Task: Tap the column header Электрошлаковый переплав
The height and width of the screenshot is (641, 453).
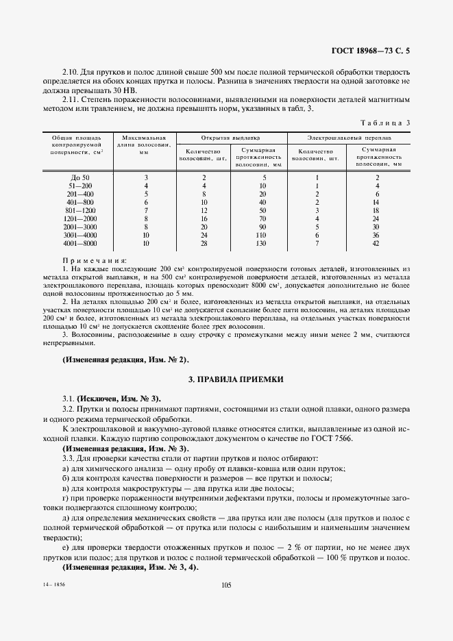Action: [x=348, y=137]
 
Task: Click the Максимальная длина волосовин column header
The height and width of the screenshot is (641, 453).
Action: [x=144, y=145]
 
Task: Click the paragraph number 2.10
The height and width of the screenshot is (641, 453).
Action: [x=72, y=71]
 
